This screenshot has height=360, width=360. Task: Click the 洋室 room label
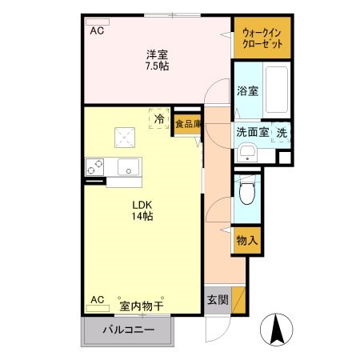click(x=157, y=54)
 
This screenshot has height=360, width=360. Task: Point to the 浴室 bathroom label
click(x=246, y=91)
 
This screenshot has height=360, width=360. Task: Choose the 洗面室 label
click(x=251, y=133)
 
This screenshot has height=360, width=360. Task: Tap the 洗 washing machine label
click(x=282, y=133)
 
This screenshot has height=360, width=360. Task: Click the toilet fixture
click(x=247, y=192)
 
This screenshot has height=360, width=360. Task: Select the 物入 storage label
click(x=247, y=239)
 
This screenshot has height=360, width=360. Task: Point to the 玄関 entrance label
click(x=218, y=301)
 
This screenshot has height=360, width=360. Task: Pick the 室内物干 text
click(x=142, y=305)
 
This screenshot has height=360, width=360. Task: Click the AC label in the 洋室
click(x=97, y=31)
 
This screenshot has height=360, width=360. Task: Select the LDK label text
click(x=143, y=203)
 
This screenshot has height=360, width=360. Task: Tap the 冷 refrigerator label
click(x=158, y=119)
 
